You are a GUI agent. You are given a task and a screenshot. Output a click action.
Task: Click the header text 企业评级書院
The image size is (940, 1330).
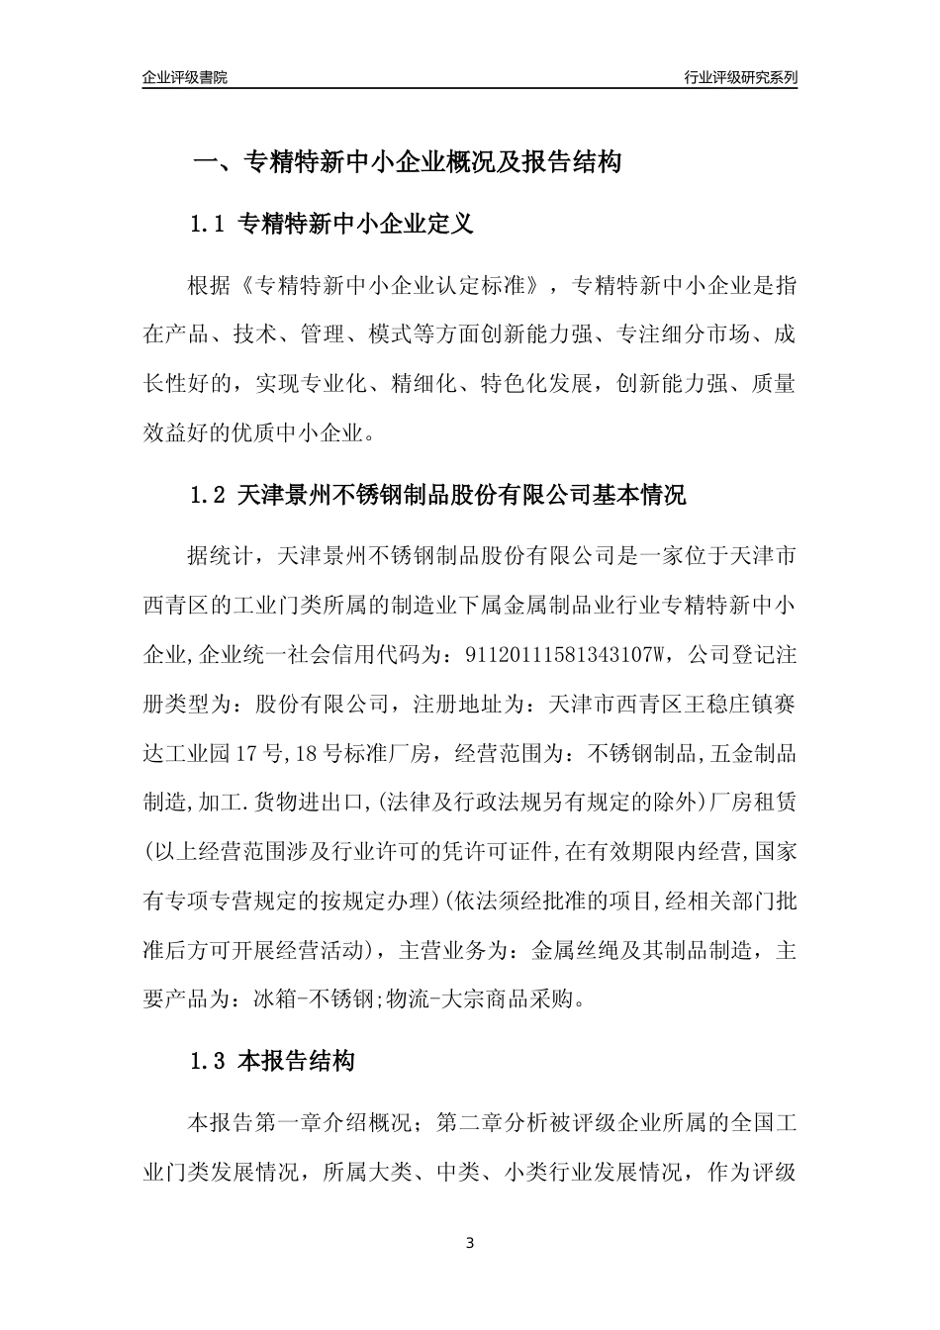click(185, 77)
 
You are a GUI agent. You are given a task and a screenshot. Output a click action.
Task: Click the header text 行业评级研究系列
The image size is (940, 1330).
click(740, 77)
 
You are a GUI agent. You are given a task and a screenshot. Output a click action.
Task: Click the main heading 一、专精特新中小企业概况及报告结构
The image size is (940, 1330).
click(406, 162)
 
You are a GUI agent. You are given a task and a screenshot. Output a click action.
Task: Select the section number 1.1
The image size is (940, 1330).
click(209, 225)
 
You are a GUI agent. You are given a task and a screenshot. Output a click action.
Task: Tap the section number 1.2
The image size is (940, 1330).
click(209, 495)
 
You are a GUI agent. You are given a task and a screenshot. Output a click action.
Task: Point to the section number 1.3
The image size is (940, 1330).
click(209, 1062)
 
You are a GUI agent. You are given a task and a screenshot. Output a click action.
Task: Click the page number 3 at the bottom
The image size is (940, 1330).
click(470, 1243)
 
